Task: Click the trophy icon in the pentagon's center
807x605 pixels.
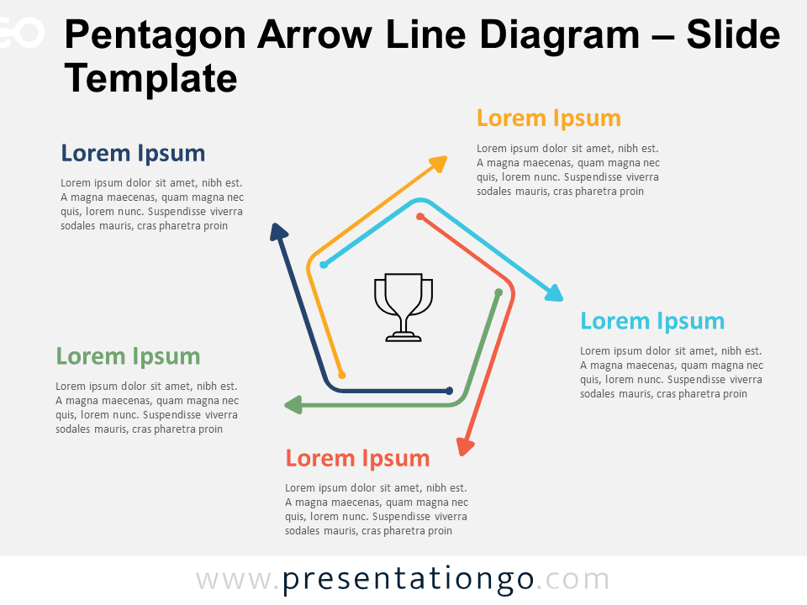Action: (403, 308)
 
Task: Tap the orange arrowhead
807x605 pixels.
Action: (439, 164)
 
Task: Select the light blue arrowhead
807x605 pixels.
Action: (554, 293)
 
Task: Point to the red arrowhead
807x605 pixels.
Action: (465, 446)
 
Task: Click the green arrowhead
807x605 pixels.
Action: (293, 405)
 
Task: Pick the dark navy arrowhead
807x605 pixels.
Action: (278, 232)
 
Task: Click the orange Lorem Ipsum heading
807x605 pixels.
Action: (549, 118)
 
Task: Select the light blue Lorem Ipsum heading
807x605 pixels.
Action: (652, 322)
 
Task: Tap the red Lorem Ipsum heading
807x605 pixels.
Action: (357, 459)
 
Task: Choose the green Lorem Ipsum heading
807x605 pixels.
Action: (128, 356)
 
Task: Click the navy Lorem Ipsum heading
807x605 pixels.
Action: (133, 153)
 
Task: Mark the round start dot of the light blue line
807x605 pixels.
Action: (323, 265)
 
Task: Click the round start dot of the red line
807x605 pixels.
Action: (420, 217)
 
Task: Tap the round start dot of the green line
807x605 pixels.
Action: (498, 292)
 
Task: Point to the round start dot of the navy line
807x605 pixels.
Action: (449, 391)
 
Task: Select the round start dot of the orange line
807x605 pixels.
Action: (341, 375)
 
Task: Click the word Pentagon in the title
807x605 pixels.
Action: (155, 36)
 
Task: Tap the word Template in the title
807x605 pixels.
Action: (150, 78)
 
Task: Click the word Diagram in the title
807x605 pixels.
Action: (560, 36)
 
